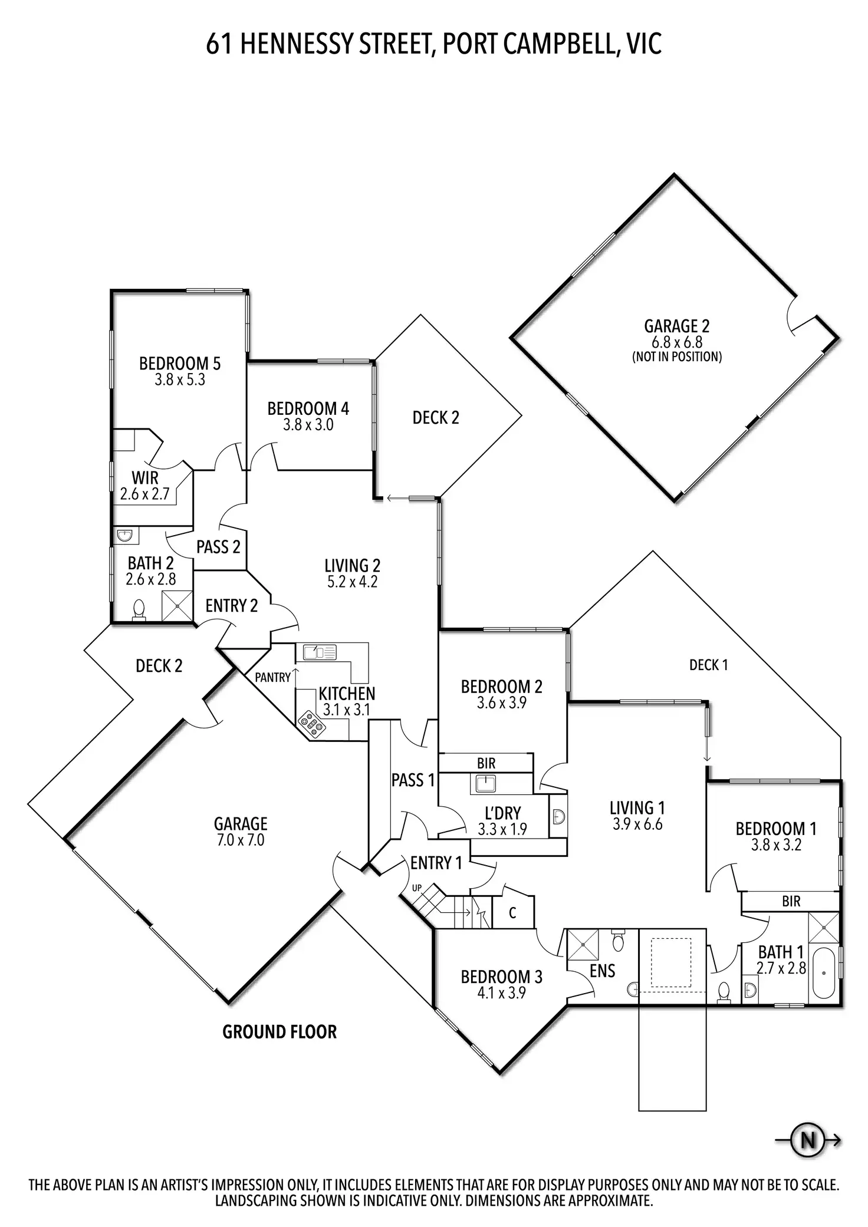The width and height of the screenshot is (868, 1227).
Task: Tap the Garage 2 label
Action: point(676,326)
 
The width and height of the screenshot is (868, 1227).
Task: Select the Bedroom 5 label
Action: point(180,364)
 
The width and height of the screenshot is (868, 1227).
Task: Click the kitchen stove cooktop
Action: point(312,725)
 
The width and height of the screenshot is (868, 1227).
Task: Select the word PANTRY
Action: point(272,678)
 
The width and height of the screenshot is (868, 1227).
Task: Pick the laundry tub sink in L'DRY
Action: point(486,784)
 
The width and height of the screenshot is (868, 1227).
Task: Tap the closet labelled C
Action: point(512,913)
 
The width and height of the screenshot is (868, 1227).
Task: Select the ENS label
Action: point(602,971)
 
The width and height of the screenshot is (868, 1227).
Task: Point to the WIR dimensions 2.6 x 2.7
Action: point(145,494)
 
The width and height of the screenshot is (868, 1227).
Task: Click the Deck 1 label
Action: point(708,665)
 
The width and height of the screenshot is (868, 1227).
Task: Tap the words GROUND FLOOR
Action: point(280,1032)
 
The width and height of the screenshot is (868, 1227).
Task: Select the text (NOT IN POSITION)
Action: point(676,357)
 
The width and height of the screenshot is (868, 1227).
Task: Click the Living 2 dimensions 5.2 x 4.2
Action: point(352,582)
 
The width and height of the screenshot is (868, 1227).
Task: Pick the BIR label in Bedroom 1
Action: point(791,901)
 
